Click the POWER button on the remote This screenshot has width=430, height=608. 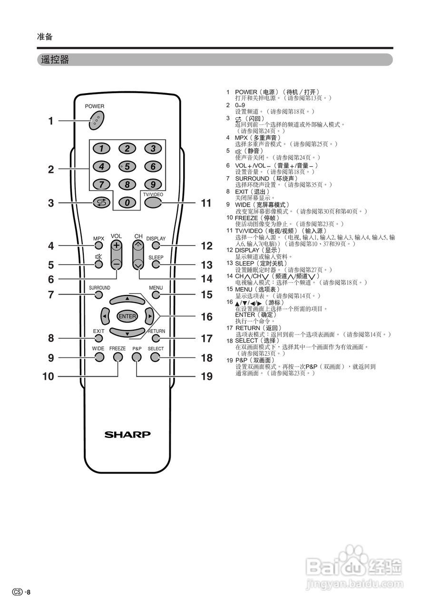click(x=97, y=120)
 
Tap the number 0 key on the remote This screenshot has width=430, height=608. click(x=127, y=202)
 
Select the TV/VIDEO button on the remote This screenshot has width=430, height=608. click(x=153, y=202)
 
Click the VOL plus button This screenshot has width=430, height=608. click(x=117, y=247)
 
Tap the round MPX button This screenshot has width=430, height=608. click(x=98, y=246)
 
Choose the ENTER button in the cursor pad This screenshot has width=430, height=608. click(x=127, y=316)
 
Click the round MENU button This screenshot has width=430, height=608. click(x=156, y=295)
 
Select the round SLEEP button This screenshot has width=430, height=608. click(x=156, y=265)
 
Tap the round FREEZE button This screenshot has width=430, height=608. click(x=117, y=357)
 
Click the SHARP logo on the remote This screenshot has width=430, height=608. click(x=127, y=434)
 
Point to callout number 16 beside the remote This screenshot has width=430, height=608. click(x=206, y=317)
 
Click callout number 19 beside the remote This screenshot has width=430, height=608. click(x=206, y=377)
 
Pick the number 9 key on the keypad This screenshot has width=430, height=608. click(x=153, y=184)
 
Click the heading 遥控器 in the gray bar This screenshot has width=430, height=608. click(x=55, y=60)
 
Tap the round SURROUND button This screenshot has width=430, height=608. click(x=98, y=295)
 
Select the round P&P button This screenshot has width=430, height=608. click(x=137, y=357)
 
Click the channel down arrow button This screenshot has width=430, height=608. click(x=138, y=264)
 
